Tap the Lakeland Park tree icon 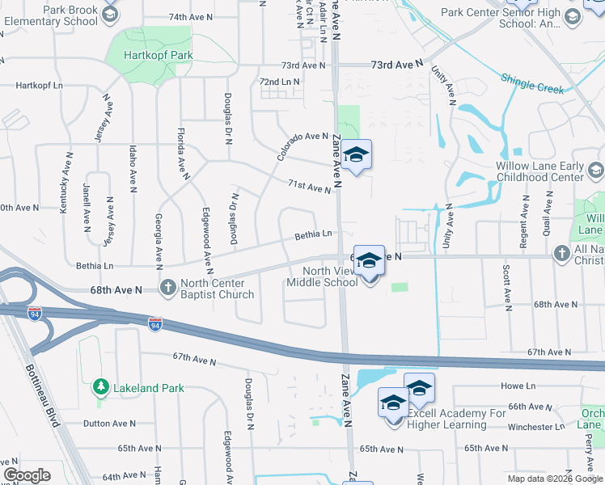(100, 388)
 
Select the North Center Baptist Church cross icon (167, 287)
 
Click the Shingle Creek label (531, 83)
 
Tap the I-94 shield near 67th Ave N (155, 324)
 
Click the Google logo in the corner (27, 475)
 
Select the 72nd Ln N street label (279, 82)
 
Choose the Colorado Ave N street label (302, 146)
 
